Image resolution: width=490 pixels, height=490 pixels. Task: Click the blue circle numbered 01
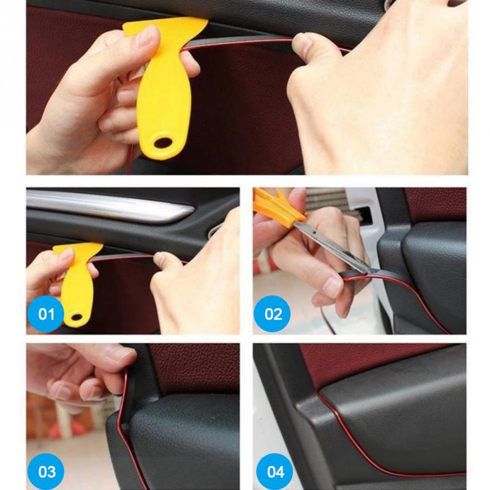point(46,314)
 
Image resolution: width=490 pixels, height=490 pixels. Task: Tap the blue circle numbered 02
point(273,314)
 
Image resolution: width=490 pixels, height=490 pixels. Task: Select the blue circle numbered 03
point(47,471)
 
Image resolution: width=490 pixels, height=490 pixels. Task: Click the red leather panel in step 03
point(190,367)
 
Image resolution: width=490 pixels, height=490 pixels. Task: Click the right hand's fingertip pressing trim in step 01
point(162,260)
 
